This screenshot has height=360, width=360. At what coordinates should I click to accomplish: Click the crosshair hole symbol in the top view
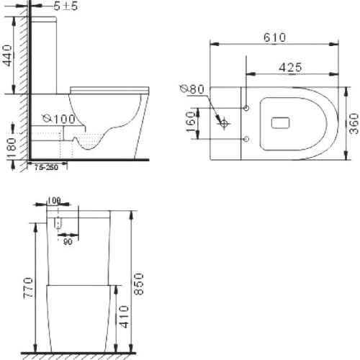(226, 124)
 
